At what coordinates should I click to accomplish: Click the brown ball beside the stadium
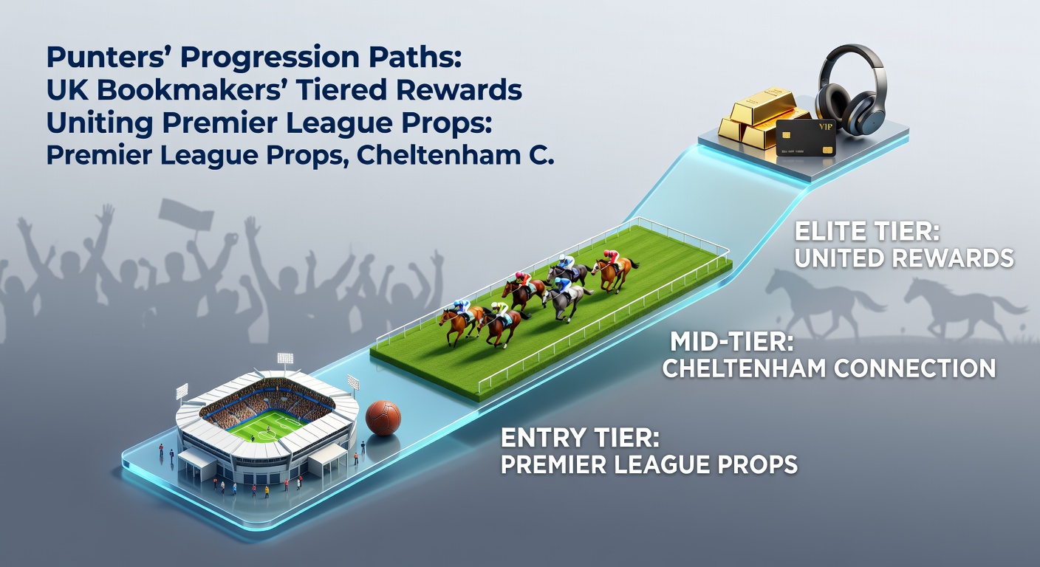tap(383, 417)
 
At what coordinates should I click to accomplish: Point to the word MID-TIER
tap(731, 342)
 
